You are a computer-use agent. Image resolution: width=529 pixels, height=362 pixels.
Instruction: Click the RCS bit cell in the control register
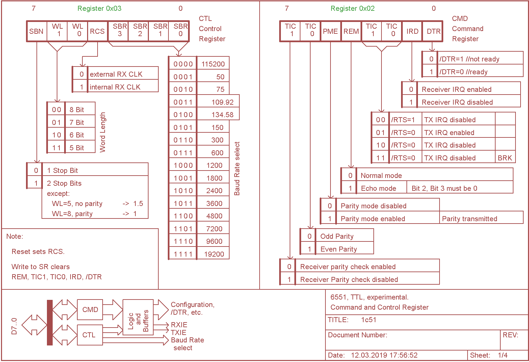[x=97, y=31]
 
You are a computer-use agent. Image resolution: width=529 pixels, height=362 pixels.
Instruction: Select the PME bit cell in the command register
[x=330, y=31]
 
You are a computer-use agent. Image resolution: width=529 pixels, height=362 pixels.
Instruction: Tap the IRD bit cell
[x=412, y=31]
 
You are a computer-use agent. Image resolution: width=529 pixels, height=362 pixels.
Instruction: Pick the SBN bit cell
[x=36, y=31]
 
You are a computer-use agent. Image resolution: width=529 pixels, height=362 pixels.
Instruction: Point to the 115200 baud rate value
[x=213, y=64]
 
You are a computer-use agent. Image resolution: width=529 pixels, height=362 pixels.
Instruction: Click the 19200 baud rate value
[x=214, y=254]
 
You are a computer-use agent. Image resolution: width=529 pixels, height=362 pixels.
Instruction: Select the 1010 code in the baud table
[x=183, y=191]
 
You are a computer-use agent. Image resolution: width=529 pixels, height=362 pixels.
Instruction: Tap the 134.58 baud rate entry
[x=222, y=115]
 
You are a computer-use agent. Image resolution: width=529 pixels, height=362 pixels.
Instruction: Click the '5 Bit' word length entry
[x=77, y=148]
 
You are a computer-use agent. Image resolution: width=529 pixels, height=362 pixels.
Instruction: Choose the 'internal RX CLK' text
[x=115, y=87]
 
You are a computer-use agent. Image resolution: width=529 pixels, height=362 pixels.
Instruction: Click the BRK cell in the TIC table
[x=505, y=158]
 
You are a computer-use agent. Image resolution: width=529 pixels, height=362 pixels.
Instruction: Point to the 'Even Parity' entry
[x=339, y=249]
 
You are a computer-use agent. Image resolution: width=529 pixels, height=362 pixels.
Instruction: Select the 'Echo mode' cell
[x=378, y=188]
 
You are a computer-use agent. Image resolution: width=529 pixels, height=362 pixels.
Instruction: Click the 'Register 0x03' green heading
[x=99, y=8]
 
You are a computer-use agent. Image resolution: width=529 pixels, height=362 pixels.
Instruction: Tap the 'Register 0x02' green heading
[x=352, y=8]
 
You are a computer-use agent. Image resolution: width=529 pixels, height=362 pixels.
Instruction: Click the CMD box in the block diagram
[x=90, y=310]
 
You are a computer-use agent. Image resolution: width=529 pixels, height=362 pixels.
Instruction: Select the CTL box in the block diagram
[x=89, y=335]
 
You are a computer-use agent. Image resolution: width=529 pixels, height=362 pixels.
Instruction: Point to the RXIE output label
[x=179, y=325]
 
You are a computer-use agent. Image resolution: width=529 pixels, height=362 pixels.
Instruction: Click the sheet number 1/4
[x=503, y=355]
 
